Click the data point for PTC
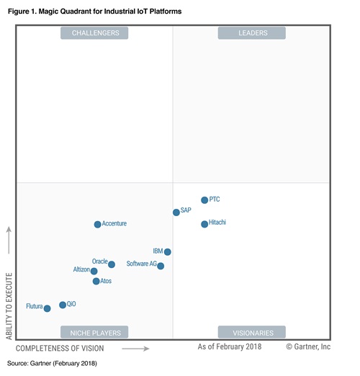tap(204, 200)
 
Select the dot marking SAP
tap(176, 212)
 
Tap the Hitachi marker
tap(204, 224)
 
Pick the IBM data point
tap(168, 252)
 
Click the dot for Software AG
tap(161, 266)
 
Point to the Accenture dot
tap(98, 225)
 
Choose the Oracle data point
tap(112, 264)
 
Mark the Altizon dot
tap(94, 272)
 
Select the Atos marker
tap(96, 281)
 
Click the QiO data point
tap(63, 305)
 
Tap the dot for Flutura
tap(48, 308)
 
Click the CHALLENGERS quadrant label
tap(95, 32)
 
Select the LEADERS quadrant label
tap(253, 32)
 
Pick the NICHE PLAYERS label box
tap(95, 332)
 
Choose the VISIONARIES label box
tap(253, 332)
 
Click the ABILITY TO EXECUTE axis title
tap(9, 306)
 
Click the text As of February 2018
tap(230, 347)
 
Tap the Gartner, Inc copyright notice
tap(308, 347)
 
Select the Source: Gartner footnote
tap(51, 364)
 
